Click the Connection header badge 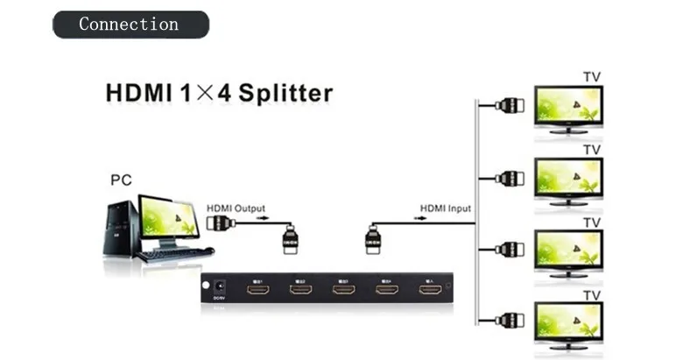pyautogui.click(x=130, y=24)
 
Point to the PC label pyautogui.click(x=121, y=181)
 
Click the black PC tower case pyautogui.click(x=121, y=229)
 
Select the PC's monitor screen pyautogui.click(x=168, y=215)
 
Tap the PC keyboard pyautogui.click(x=175, y=255)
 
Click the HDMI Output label pyautogui.click(x=236, y=208)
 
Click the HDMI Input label pyautogui.click(x=445, y=208)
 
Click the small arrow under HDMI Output pyautogui.click(x=260, y=220)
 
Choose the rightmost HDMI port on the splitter pyautogui.click(x=428, y=289)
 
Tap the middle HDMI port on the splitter pyautogui.click(x=343, y=289)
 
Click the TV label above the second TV pyautogui.click(x=593, y=150)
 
